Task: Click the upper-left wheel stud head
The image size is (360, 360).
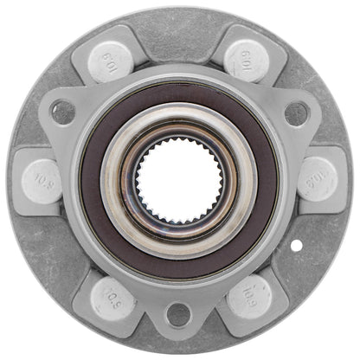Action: click(112, 61)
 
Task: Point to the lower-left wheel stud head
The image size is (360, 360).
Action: click(112, 296)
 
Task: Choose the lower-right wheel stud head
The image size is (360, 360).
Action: click(247, 297)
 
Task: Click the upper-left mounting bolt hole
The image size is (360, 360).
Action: click(63, 111)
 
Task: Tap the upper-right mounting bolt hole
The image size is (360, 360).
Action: click(296, 112)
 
